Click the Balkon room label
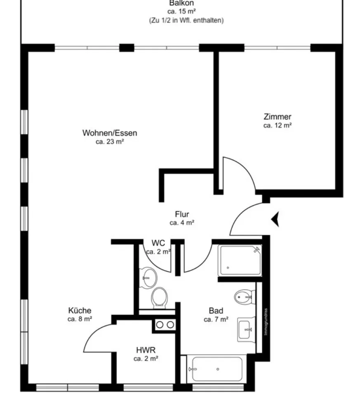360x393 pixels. (x=181, y=3)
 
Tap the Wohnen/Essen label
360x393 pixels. (x=110, y=133)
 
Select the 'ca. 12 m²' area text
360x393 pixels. (x=278, y=125)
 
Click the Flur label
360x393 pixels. (x=182, y=214)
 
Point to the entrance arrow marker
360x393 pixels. (x=275, y=219)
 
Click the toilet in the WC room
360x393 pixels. (x=160, y=298)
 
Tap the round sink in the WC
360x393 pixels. (x=149, y=278)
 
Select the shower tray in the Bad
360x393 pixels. (x=240, y=260)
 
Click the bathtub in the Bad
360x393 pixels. (x=217, y=369)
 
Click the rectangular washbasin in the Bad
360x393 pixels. (x=246, y=329)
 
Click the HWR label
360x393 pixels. (x=146, y=350)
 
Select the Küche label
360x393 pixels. (x=80, y=310)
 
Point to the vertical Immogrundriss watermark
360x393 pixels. (x=266, y=322)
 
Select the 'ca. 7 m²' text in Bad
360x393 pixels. (x=216, y=320)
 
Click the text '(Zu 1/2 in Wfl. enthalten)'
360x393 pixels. (x=186, y=20)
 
